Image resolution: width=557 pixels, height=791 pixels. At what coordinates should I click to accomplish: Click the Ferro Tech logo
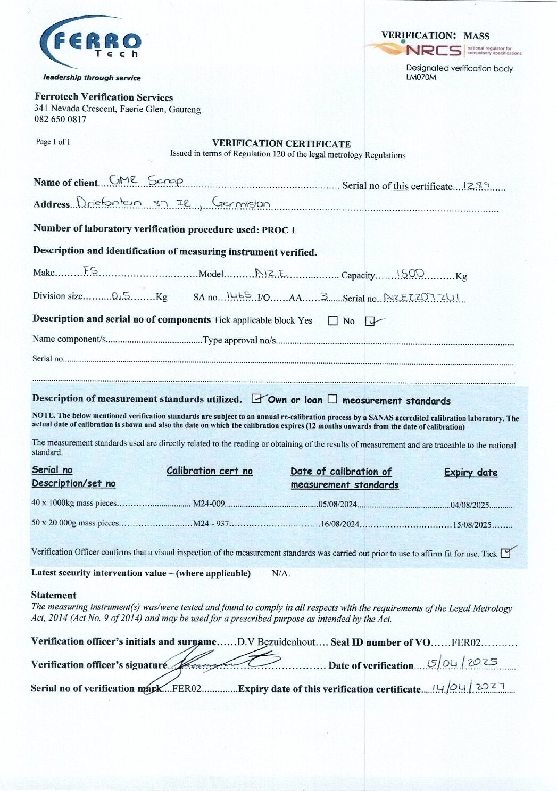90,43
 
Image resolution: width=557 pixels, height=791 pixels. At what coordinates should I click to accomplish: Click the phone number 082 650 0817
60,119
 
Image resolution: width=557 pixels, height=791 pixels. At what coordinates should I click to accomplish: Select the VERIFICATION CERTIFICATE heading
281,144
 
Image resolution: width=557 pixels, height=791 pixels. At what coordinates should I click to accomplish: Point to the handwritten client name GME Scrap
146,181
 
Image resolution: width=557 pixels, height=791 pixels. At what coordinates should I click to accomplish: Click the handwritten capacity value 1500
410,274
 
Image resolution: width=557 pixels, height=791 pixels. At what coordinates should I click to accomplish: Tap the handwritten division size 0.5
121,296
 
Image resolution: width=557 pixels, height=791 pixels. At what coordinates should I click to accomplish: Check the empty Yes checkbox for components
333,321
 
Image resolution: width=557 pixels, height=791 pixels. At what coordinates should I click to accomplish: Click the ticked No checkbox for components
370,321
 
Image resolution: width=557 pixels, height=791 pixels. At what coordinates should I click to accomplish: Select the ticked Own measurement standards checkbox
257,398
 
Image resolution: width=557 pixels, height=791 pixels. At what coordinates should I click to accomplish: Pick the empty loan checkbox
332,399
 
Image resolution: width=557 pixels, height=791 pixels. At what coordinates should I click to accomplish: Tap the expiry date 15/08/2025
472,525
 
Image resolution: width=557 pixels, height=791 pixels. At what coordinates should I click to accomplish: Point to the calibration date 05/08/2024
337,504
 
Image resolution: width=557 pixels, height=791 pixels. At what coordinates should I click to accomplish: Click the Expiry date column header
471,472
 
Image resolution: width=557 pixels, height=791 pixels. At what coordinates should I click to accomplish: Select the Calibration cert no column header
210,471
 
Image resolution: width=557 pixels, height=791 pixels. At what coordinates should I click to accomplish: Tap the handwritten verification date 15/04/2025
462,663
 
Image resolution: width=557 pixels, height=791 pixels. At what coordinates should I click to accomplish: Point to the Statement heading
54,595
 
